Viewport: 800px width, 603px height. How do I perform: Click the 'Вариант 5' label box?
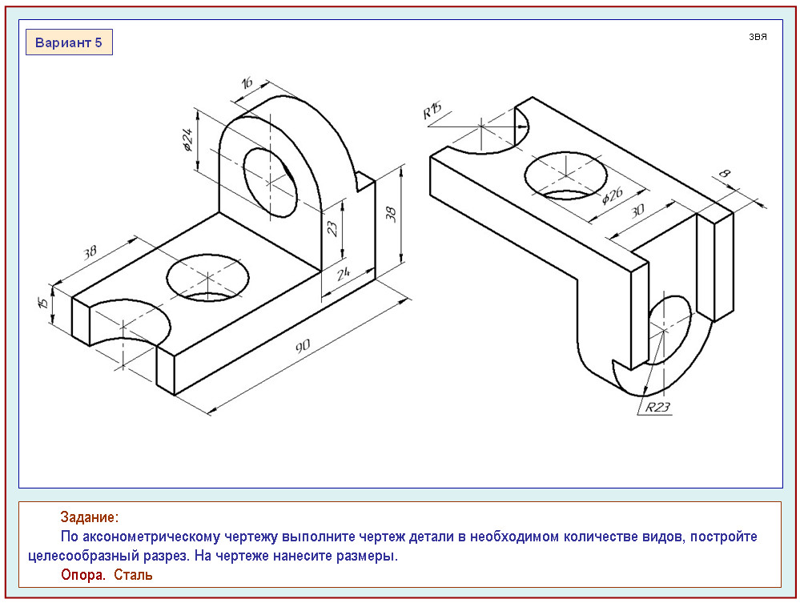pos(69,42)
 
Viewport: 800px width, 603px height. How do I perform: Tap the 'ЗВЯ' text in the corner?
pos(758,37)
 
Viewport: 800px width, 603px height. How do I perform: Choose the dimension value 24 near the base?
pos(345,274)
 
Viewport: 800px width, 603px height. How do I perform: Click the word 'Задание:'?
pos(89,517)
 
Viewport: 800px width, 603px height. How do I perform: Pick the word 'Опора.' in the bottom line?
pos(83,575)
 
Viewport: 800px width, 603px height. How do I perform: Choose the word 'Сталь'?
pos(133,575)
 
